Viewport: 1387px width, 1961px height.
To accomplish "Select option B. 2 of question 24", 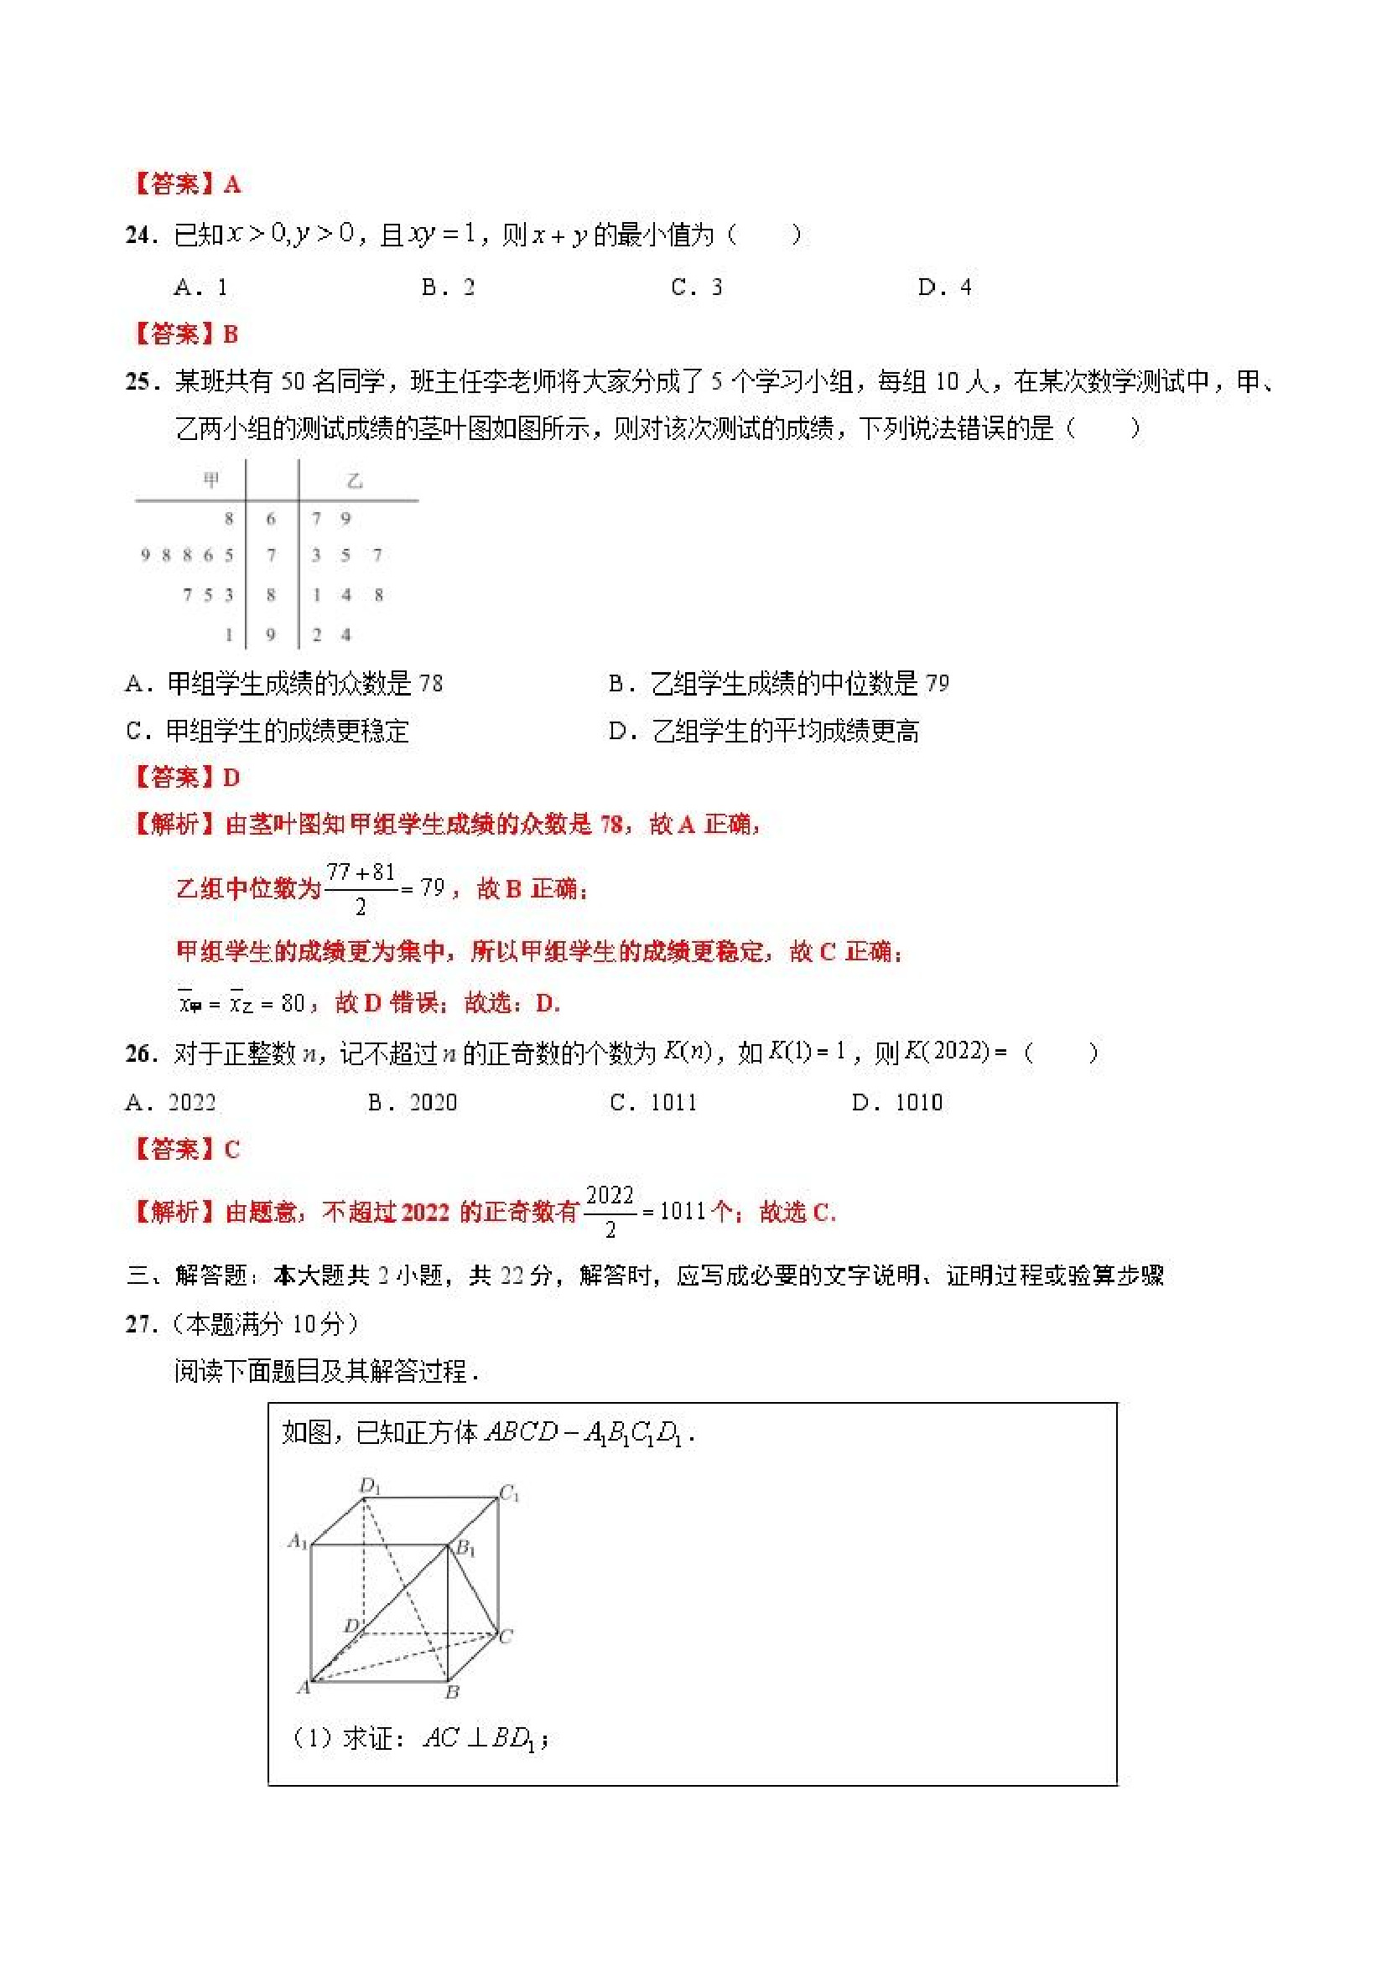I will tap(448, 287).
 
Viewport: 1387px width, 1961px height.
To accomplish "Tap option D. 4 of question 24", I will tap(944, 287).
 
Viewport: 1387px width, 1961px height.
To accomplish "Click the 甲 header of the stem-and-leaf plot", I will tap(211, 480).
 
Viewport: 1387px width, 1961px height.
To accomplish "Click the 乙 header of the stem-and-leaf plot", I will tap(355, 481).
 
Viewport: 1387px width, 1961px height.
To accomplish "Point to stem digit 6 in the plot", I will tap(271, 519).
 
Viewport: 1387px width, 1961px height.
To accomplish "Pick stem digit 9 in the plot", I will tap(271, 634).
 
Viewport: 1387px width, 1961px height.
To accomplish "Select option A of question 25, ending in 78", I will tap(283, 683).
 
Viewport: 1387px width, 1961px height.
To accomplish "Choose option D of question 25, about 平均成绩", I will tap(763, 731).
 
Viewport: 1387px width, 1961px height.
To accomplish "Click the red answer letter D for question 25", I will tap(231, 777).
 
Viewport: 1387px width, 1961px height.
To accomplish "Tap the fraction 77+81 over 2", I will tap(360, 888).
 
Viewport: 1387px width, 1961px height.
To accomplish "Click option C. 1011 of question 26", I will tap(654, 1103).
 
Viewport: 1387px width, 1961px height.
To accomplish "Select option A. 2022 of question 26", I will tap(171, 1103).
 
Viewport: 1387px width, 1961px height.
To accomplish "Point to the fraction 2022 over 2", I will tap(610, 1211).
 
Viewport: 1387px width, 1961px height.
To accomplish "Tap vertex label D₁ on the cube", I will tap(369, 1487).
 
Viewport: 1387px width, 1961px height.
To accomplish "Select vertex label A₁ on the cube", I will tap(297, 1541).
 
